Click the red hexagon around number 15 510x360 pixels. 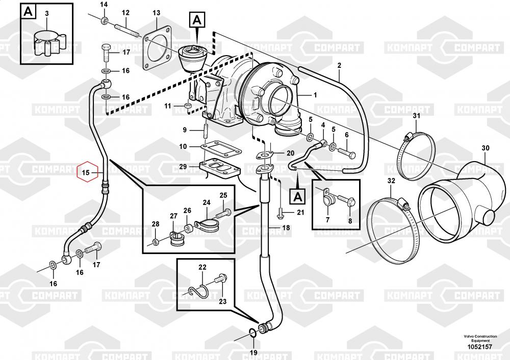tap(87, 173)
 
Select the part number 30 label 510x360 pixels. tap(485, 148)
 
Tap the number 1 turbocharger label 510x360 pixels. tap(315, 95)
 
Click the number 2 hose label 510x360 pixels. tap(339, 65)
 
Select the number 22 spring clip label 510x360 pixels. tap(202, 267)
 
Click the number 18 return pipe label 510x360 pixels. tap(286, 227)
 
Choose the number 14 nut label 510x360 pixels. tap(104, 5)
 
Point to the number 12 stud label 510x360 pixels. tap(125, 12)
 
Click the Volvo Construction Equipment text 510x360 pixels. tap(477, 339)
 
